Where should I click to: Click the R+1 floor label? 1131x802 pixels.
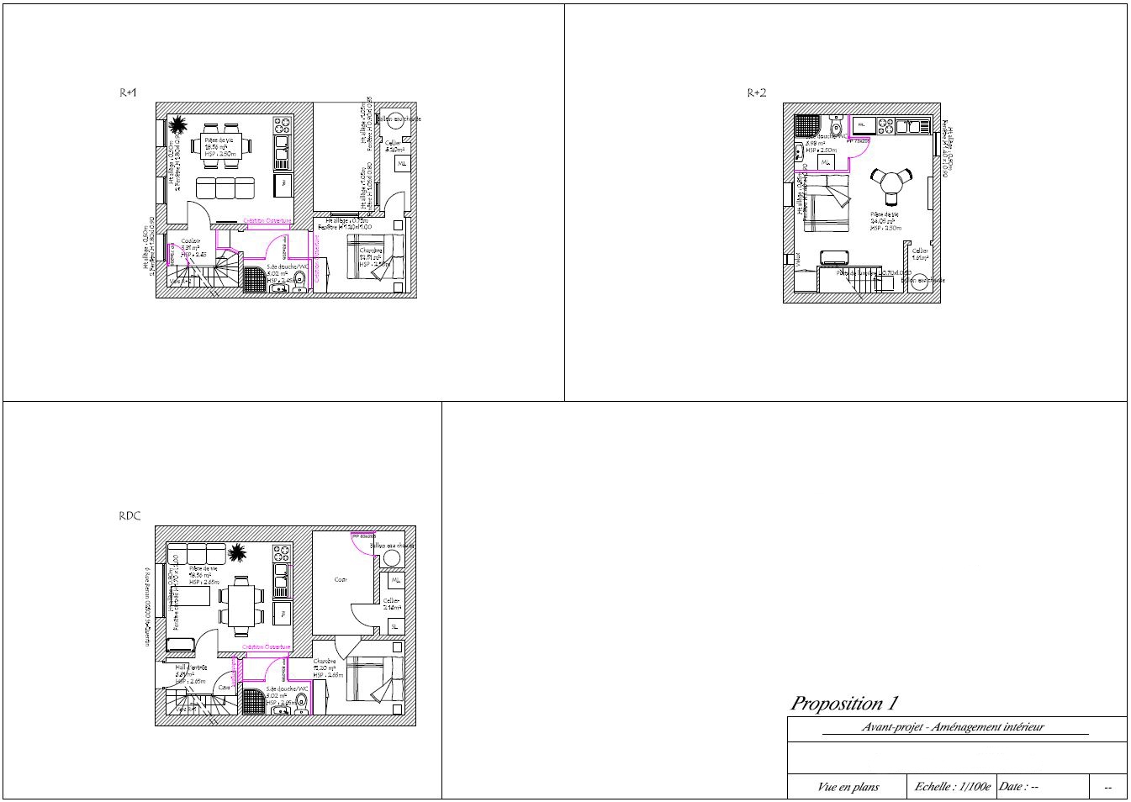[128, 93]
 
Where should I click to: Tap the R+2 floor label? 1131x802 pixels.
[757, 93]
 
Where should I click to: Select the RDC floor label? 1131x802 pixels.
[129, 517]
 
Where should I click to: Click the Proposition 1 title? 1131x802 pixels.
[849, 703]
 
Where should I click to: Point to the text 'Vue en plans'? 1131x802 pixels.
[848, 787]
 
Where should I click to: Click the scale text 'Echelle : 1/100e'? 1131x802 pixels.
[953, 787]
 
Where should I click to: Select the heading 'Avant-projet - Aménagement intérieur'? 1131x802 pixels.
[953, 727]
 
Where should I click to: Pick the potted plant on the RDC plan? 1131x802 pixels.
[237, 552]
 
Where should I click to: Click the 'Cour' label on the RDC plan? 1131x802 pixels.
[341, 579]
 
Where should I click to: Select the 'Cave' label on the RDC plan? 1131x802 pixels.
[225, 688]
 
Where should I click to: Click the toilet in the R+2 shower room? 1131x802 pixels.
[834, 128]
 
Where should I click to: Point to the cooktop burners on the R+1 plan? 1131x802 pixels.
[283, 126]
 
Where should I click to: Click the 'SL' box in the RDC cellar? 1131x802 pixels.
[394, 626]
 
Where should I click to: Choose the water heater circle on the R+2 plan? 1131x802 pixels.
[920, 281]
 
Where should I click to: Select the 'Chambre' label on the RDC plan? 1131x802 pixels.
[325, 662]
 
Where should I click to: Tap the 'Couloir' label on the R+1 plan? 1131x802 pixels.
[190, 241]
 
